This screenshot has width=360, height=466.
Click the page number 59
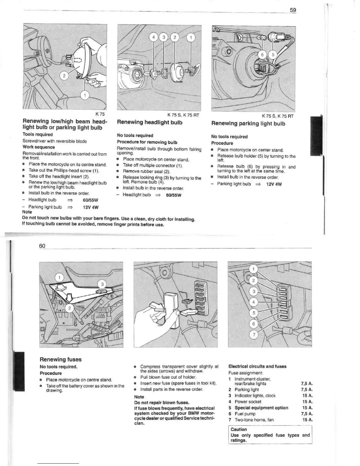[293, 10]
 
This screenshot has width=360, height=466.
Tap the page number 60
[42, 246]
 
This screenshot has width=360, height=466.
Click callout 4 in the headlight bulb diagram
[153, 37]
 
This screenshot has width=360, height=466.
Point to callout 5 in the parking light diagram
[273, 55]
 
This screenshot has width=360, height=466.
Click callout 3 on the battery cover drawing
[102, 284]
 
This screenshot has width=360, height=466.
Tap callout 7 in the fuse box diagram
[254, 335]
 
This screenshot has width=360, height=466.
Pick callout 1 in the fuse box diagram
[254, 269]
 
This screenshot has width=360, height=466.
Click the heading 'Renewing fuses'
[61, 359]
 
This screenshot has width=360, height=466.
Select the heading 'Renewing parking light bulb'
[248, 124]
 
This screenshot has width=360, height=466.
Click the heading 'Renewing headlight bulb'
[150, 122]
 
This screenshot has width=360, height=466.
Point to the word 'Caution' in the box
[239, 429]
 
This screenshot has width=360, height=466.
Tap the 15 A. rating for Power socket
[307, 402]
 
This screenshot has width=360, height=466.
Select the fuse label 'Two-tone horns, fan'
[254, 420]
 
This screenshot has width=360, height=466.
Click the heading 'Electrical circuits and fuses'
[257, 366]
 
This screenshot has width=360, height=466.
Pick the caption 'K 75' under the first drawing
[100, 114]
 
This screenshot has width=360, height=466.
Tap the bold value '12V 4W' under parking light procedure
[274, 184]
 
